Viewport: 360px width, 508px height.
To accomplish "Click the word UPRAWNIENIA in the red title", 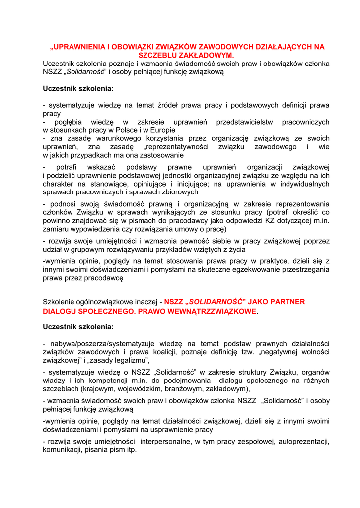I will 79,47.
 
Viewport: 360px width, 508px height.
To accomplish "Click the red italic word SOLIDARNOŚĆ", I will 215,301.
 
